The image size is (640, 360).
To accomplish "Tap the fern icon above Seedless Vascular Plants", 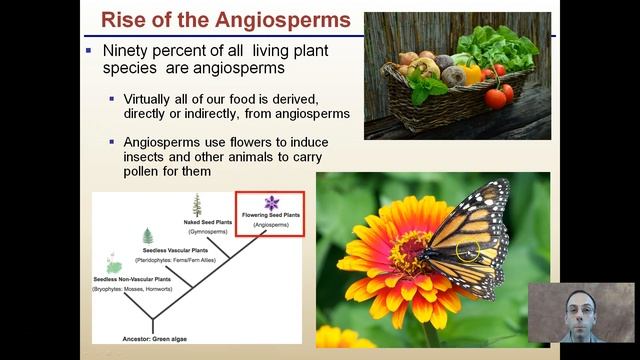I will click(148, 236).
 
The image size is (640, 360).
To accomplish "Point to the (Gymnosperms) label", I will click(207, 231).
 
